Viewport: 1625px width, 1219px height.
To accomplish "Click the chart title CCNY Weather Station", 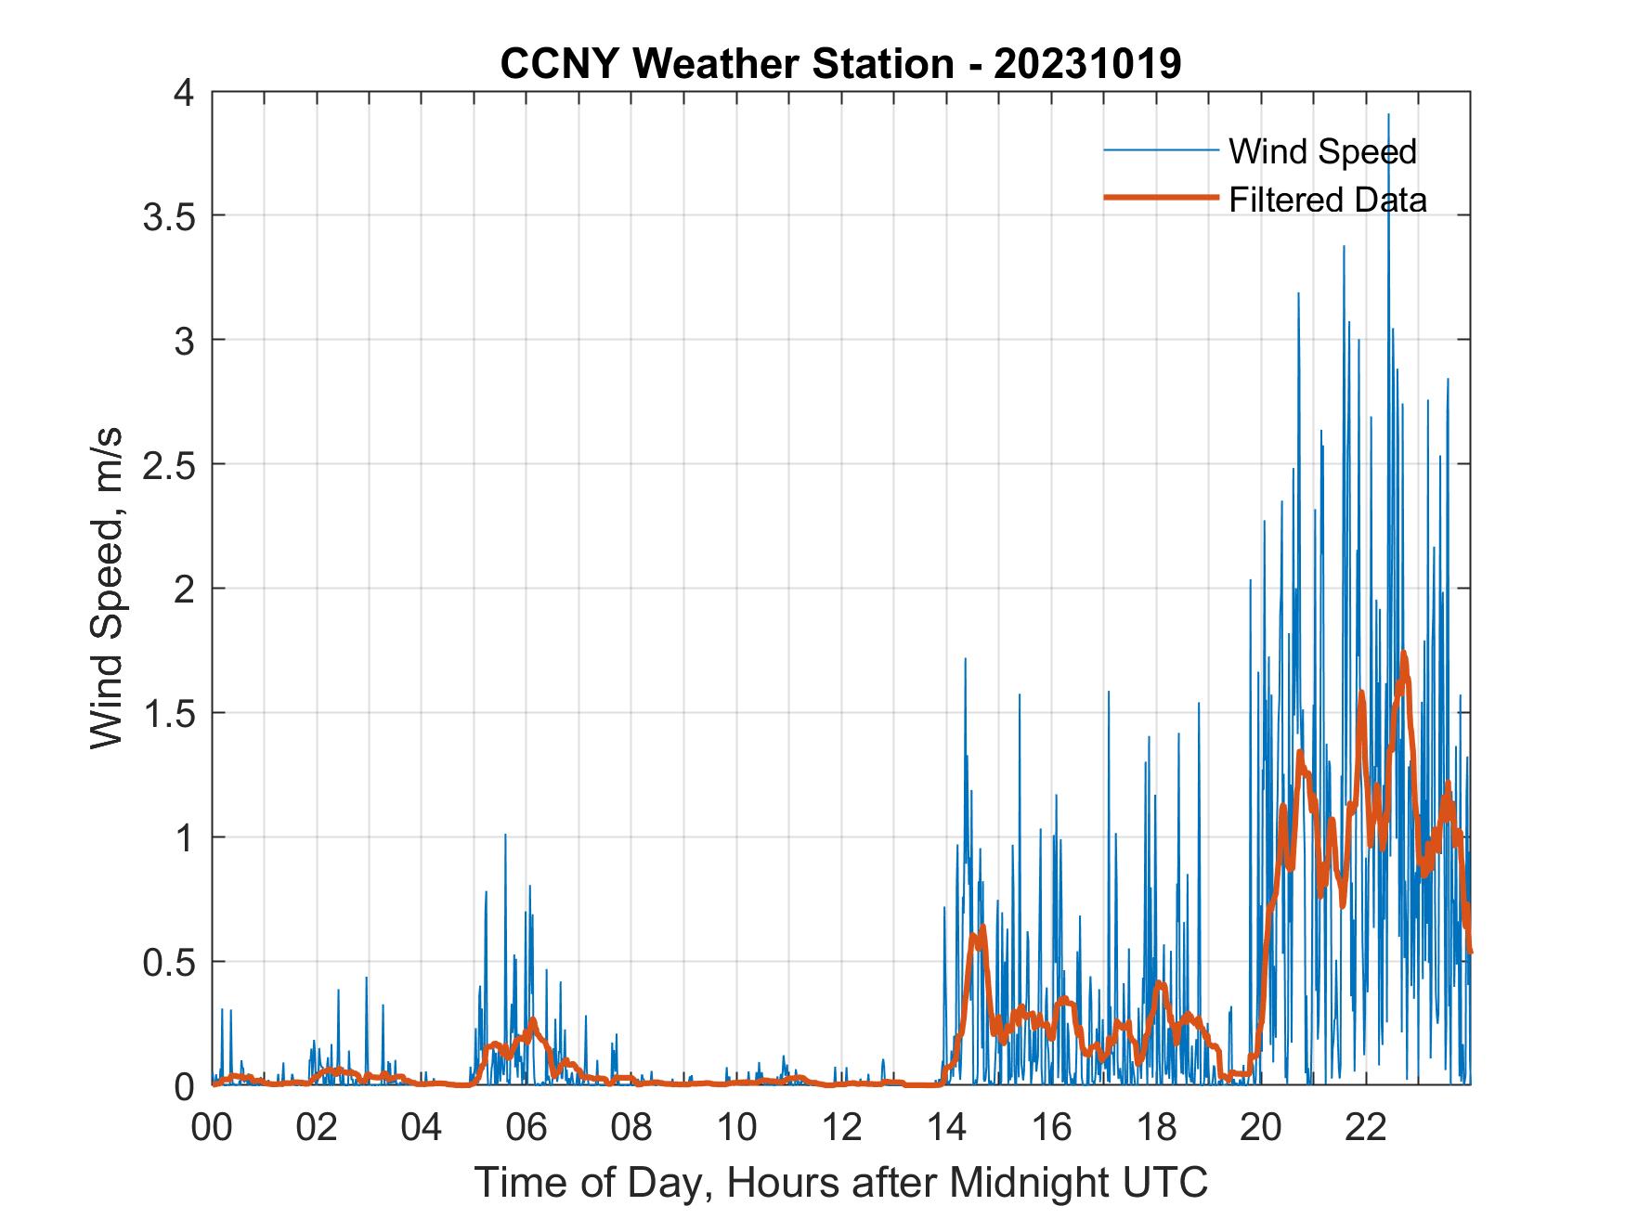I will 726,64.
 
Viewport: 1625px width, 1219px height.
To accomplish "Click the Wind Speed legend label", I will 1322,151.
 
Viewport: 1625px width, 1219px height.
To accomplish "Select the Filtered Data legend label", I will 1327,200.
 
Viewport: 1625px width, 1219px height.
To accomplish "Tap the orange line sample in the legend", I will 1161,198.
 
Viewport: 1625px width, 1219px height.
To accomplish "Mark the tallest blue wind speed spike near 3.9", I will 1388,115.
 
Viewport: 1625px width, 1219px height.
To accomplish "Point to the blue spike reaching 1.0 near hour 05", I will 505,836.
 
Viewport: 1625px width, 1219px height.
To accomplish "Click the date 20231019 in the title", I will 1087,64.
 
